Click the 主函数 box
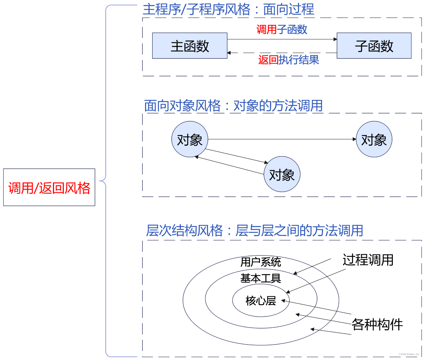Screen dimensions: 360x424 189,45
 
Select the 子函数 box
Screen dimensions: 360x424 374,45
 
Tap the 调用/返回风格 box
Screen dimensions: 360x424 49,187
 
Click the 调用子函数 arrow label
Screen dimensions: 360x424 282,29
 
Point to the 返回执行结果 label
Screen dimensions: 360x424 289,60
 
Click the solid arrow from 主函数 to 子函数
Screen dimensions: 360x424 282,39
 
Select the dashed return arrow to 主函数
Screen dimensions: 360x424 282,53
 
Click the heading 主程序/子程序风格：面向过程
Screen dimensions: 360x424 228,9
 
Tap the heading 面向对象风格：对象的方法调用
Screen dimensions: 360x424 233,106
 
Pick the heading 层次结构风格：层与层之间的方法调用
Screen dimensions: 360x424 255,230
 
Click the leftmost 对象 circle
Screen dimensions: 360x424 190,139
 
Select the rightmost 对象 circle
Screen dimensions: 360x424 374,139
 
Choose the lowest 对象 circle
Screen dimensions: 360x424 282,175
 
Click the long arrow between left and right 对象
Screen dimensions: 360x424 282,139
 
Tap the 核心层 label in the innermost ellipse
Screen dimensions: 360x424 261,301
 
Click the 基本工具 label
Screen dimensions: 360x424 261,278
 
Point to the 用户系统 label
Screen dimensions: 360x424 261,262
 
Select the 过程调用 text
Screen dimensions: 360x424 368,260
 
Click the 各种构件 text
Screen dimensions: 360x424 377,325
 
